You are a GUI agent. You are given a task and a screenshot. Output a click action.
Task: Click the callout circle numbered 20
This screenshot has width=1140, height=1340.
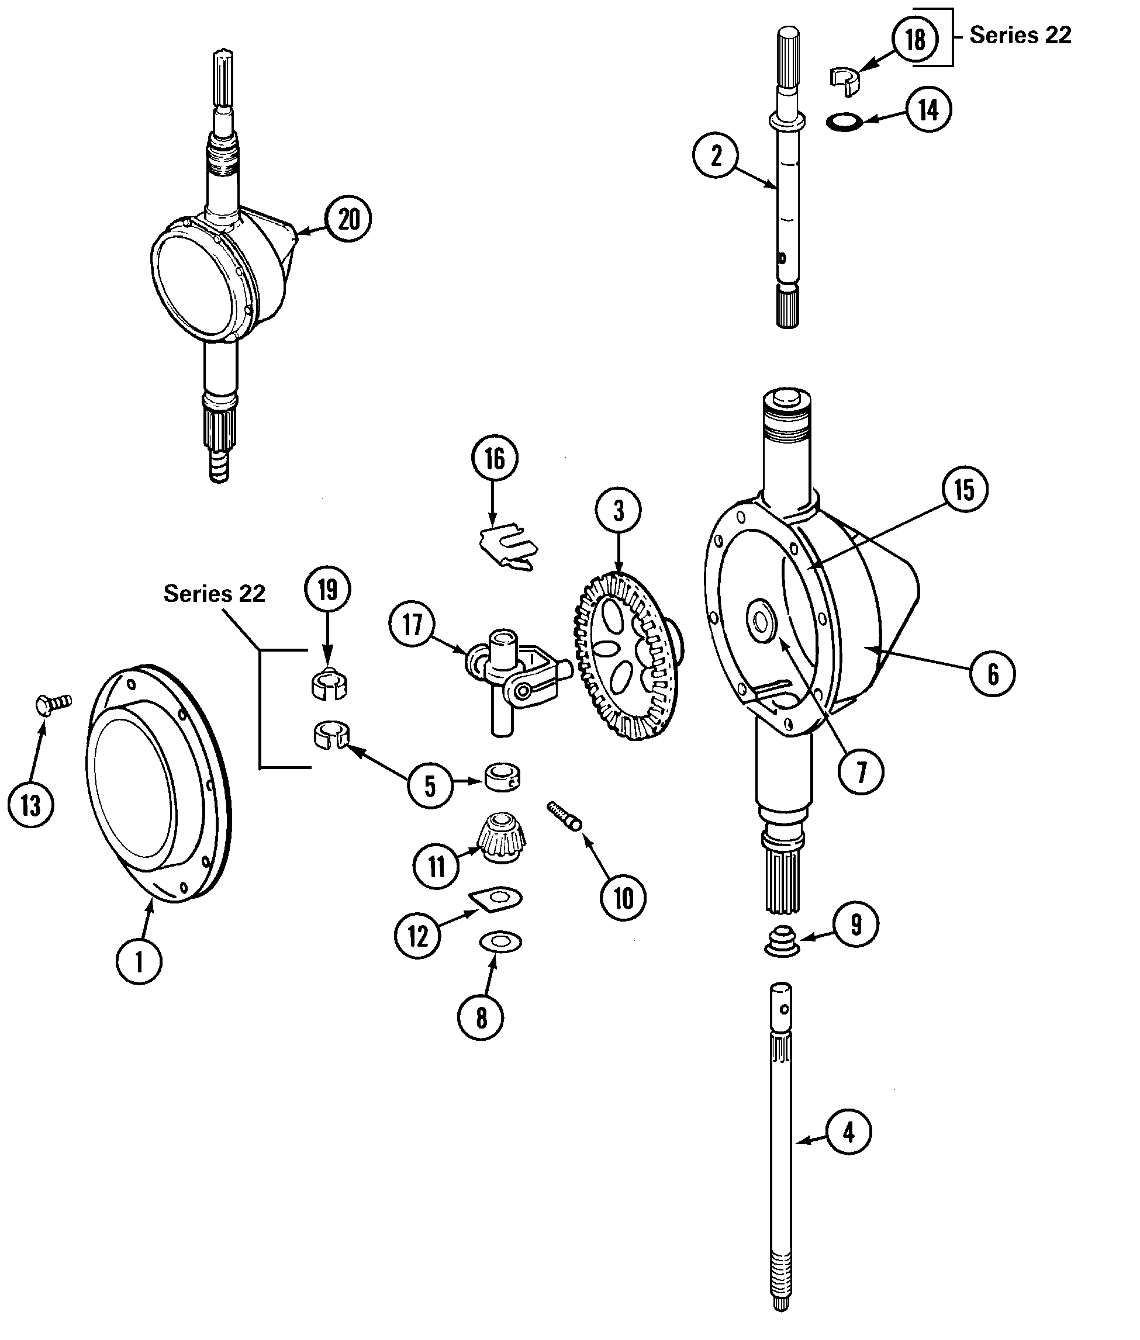pos(348,219)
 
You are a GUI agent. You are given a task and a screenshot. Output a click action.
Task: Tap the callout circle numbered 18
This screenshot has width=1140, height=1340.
pos(915,39)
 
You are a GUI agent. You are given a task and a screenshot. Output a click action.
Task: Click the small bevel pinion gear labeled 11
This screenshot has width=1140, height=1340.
pos(502,839)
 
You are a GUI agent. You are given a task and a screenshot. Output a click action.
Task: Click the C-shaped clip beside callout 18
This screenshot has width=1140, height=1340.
pos(844,80)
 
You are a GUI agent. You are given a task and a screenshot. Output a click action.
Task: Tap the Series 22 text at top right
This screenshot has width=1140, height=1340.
pos(1020,35)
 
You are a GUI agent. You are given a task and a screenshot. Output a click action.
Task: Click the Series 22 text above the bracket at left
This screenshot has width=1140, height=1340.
pos(214,593)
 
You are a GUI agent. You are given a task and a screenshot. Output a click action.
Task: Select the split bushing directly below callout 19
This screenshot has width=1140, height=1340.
pos(329,685)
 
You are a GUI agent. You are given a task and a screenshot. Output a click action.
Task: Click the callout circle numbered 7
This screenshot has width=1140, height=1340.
pos(861,771)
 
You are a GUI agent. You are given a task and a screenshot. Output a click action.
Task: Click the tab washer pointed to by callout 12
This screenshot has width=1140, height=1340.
pos(496,898)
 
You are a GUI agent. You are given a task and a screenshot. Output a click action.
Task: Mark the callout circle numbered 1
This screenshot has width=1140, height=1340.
pos(139,961)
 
